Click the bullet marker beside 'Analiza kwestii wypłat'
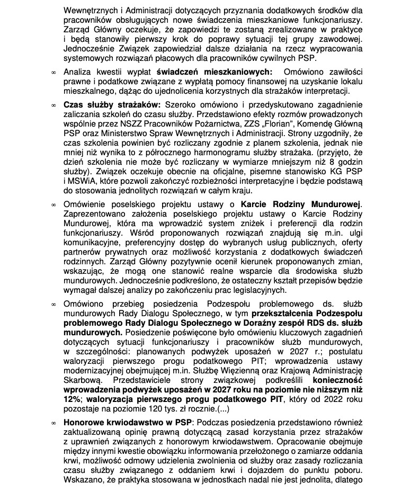tap(53, 72)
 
